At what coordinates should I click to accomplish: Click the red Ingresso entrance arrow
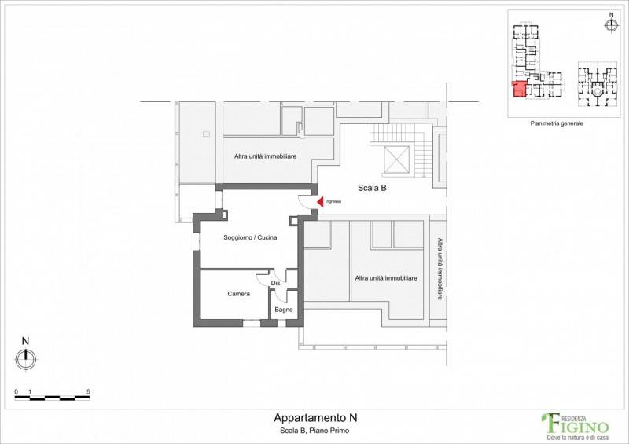(x=320, y=202)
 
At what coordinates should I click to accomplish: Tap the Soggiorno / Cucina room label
(x=250, y=237)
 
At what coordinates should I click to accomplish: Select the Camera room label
(x=239, y=294)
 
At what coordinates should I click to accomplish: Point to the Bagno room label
(x=284, y=310)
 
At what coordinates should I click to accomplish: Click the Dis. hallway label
(x=277, y=283)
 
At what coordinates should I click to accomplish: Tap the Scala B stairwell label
(x=372, y=188)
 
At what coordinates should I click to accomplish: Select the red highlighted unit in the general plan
(x=519, y=89)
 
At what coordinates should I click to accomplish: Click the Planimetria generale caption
(x=557, y=123)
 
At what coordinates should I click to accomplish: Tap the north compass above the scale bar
(x=26, y=358)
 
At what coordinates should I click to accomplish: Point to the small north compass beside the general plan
(x=611, y=25)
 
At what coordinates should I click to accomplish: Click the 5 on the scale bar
(x=88, y=392)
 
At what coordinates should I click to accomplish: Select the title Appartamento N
(x=315, y=418)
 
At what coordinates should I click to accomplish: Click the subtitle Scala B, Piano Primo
(x=314, y=431)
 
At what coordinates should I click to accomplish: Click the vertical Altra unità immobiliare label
(x=440, y=269)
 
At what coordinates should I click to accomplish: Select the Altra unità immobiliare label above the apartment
(x=265, y=156)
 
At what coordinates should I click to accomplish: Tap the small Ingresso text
(x=333, y=201)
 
